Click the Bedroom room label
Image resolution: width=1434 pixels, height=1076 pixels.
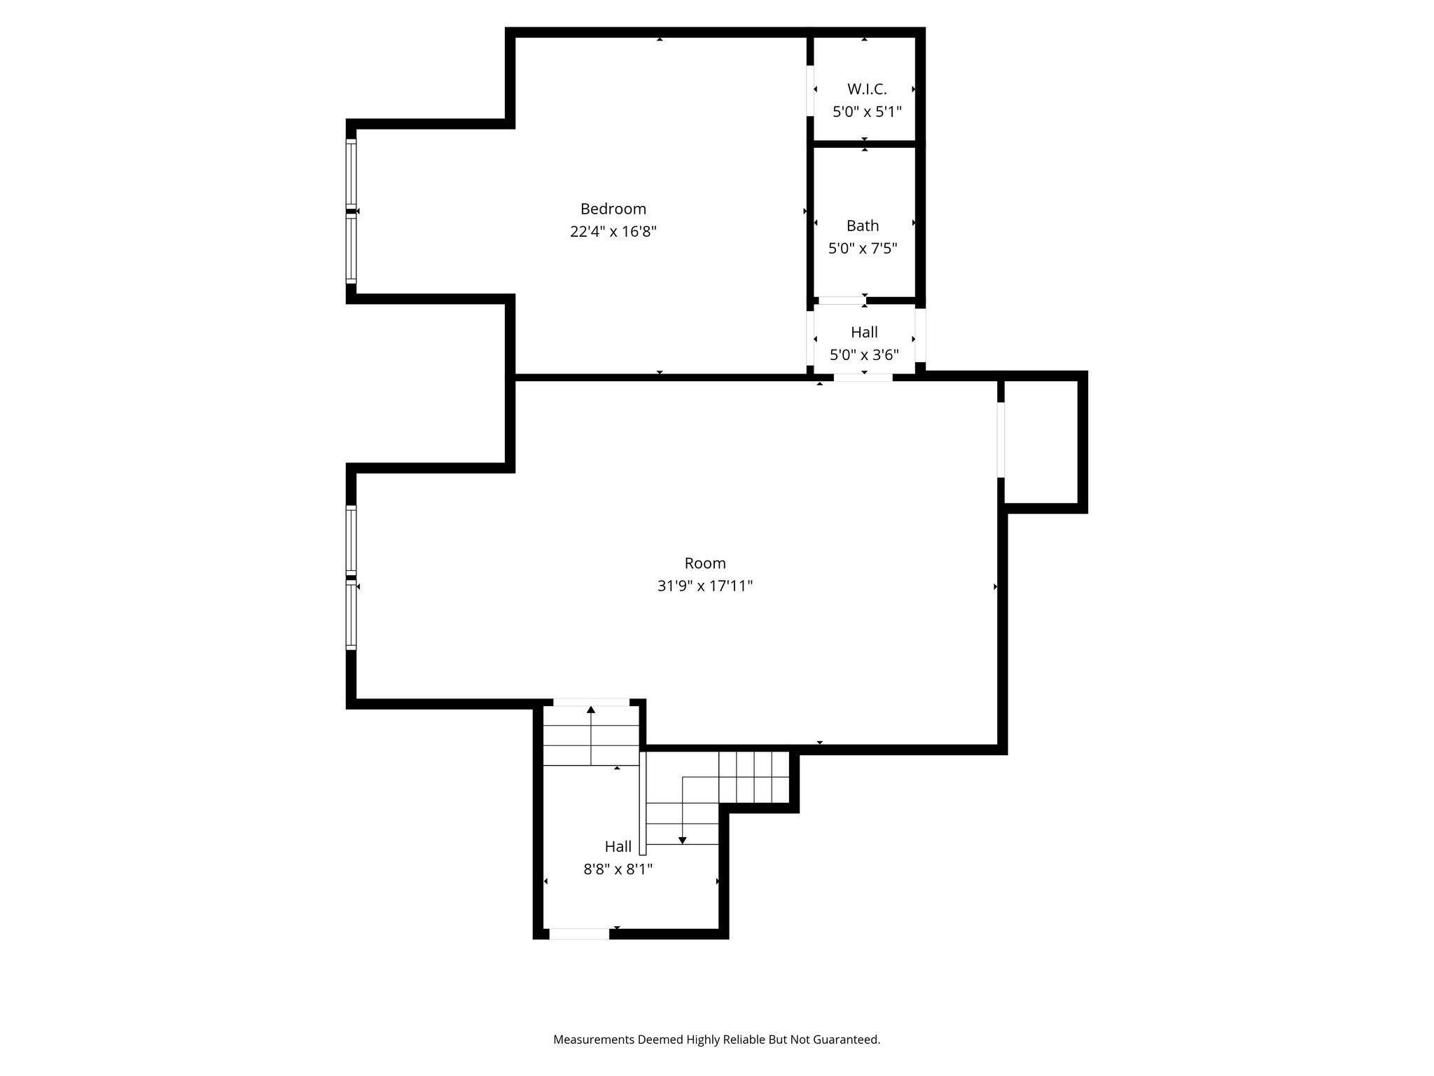613,209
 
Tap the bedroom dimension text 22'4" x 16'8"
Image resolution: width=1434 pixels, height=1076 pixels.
613,231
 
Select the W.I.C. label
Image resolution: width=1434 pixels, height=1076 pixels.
867,89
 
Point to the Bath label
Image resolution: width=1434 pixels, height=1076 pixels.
863,226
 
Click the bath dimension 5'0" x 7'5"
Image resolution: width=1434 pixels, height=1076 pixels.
863,248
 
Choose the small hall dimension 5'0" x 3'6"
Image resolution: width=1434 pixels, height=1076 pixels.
864,354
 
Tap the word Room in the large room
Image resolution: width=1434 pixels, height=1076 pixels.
705,563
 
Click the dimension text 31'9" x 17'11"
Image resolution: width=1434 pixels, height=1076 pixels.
705,586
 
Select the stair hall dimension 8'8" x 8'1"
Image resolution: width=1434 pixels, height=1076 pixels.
618,869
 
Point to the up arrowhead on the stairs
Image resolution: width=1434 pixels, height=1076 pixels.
591,710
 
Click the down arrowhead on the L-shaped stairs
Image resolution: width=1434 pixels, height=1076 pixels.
683,841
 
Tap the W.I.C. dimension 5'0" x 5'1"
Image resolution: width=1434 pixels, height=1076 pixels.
867,111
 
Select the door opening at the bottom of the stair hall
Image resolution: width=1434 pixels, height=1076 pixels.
579,934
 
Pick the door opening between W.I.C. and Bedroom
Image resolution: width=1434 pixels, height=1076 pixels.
810,90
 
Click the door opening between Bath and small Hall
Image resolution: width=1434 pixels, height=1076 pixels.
842,301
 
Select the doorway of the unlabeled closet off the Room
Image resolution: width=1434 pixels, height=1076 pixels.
1001,440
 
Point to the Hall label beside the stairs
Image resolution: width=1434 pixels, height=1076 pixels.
618,846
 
